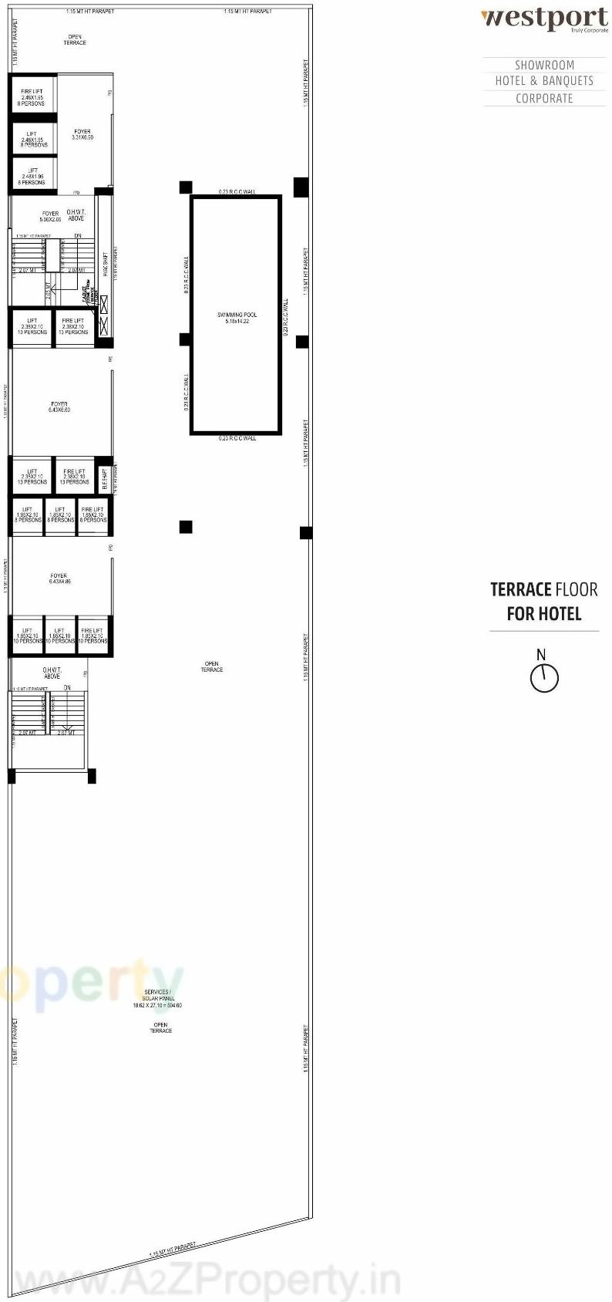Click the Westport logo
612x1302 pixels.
[x=544, y=19]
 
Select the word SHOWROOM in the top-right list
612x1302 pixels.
[x=544, y=66]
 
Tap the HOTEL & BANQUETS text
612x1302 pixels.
[x=544, y=81]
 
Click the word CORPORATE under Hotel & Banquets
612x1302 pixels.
[x=544, y=99]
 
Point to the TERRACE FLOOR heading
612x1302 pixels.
[x=544, y=590]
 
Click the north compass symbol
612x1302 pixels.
[x=543, y=676]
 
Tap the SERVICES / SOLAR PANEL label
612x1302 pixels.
[x=157, y=995]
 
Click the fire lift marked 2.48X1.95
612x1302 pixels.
[x=32, y=97]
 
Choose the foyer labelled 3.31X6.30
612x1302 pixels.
[x=82, y=134]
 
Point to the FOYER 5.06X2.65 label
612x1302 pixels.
[x=50, y=217]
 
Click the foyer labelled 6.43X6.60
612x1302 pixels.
[x=59, y=407]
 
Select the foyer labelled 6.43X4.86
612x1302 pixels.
[x=59, y=578]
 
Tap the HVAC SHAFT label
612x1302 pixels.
[x=106, y=264]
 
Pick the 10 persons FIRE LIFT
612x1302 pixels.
[x=92, y=636]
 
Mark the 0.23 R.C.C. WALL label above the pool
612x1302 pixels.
[x=237, y=192]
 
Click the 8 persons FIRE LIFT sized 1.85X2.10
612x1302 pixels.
[x=93, y=515]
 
